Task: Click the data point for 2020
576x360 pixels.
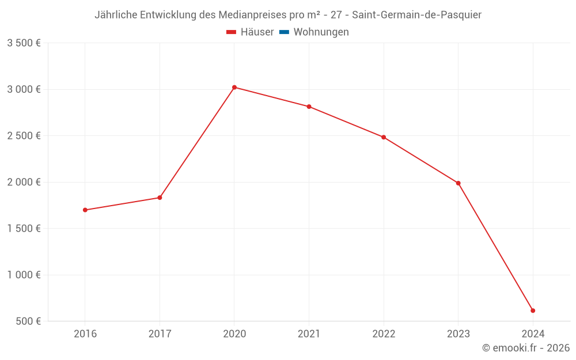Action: click(x=234, y=87)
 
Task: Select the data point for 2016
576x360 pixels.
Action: click(x=85, y=210)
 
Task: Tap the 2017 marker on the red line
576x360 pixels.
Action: click(x=160, y=198)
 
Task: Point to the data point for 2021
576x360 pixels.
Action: click(x=309, y=107)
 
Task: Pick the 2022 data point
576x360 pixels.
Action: click(x=384, y=137)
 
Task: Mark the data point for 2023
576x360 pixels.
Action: click(x=458, y=183)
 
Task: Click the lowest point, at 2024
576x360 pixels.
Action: click(x=533, y=310)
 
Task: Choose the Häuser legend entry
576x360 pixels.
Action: click(x=250, y=32)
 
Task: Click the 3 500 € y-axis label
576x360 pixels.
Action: click(x=24, y=43)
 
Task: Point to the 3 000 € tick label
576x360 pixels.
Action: click(x=24, y=89)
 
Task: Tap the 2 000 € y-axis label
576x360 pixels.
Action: click(x=24, y=182)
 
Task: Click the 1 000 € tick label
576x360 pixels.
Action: click(x=24, y=275)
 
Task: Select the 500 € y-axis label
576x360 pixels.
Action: click(x=27, y=321)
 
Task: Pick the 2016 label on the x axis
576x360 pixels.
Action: click(x=85, y=334)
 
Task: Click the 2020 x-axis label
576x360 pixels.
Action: click(x=234, y=334)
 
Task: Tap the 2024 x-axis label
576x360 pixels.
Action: click(x=533, y=334)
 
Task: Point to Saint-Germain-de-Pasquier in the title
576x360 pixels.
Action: click(x=416, y=15)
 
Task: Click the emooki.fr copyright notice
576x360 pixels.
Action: click(x=526, y=348)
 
